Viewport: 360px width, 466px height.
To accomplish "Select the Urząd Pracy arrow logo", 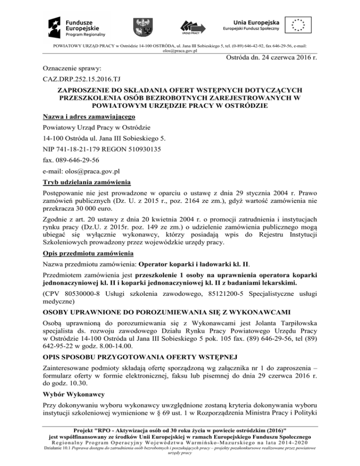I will point(192,26).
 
